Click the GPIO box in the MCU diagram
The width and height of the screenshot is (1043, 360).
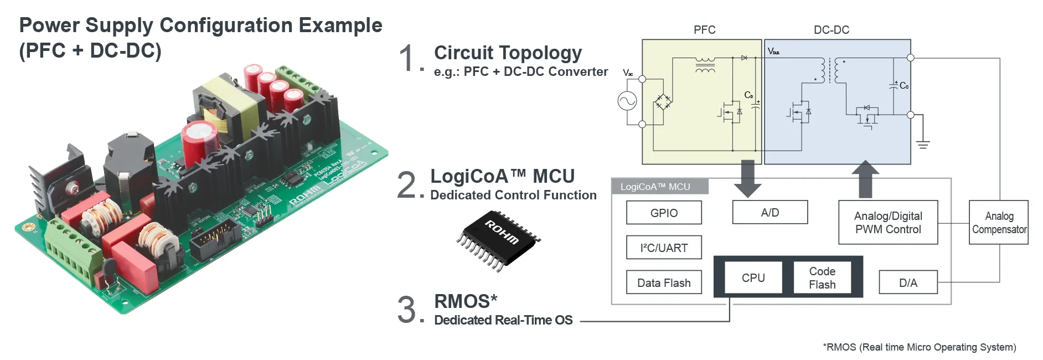pyautogui.click(x=664, y=213)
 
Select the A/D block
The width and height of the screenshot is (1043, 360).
pyautogui.click(x=770, y=212)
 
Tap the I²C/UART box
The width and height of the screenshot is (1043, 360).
pyautogui.click(x=664, y=248)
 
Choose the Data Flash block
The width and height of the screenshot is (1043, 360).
pyautogui.click(x=664, y=282)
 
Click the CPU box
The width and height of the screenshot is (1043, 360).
pyautogui.click(x=753, y=277)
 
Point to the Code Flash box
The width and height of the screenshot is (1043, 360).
pyautogui.click(x=822, y=277)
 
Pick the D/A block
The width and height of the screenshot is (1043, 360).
pyautogui.click(x=908, y=282)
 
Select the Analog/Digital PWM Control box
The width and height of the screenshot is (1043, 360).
pyautogui.click(x=888, y=222)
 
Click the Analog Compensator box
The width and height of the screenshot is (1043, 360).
pyautogui.click(x=999, y=222)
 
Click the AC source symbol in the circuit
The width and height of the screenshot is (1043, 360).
pyautogui.click(x=627, y=101)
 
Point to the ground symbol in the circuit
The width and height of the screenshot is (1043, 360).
pyautogui.click(x=922, y=145)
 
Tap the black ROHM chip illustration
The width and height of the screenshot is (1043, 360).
pyautogui.click(x=498, y=240)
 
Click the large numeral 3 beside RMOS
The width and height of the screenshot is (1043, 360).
pyautogui.click(x=406, y=310)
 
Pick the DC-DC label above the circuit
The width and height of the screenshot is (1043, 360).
pyautogui.click(x=831, y=30)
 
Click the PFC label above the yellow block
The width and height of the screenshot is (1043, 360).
pyautogui.click(x=704, y=30)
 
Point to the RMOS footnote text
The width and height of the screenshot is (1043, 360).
pyautogui.click(x=919, y=347)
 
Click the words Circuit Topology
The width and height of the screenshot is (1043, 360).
pyautogui.click(x=508, y=53)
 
